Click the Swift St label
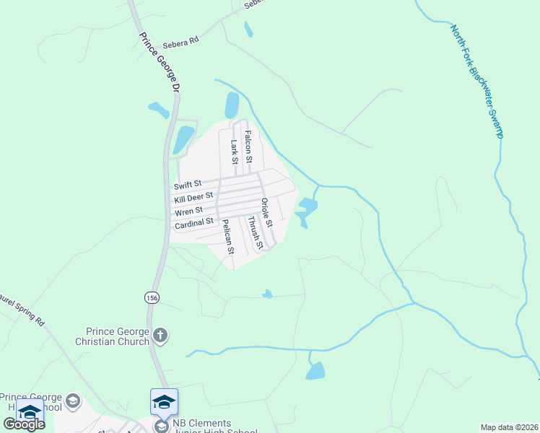tap(188, 185)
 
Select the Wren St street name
tap(187, 211)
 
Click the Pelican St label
tap(228, 237)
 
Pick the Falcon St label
tap(248, 145)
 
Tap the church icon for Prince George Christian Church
tap(160, 336)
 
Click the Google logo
tap(24, 424)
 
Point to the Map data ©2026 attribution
tap(510, 427)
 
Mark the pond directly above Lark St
tap(232, 105)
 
